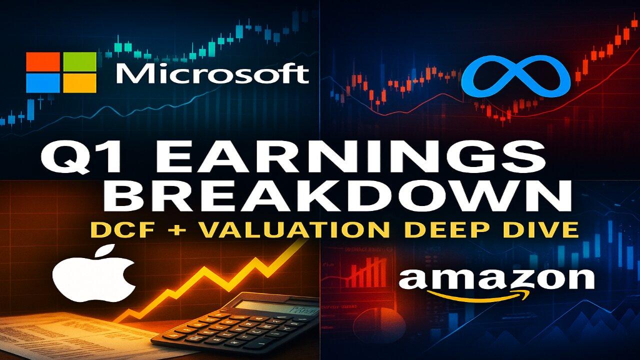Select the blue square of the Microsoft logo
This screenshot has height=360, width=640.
pos(43,83)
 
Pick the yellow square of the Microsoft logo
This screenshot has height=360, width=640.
pos(79,83)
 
